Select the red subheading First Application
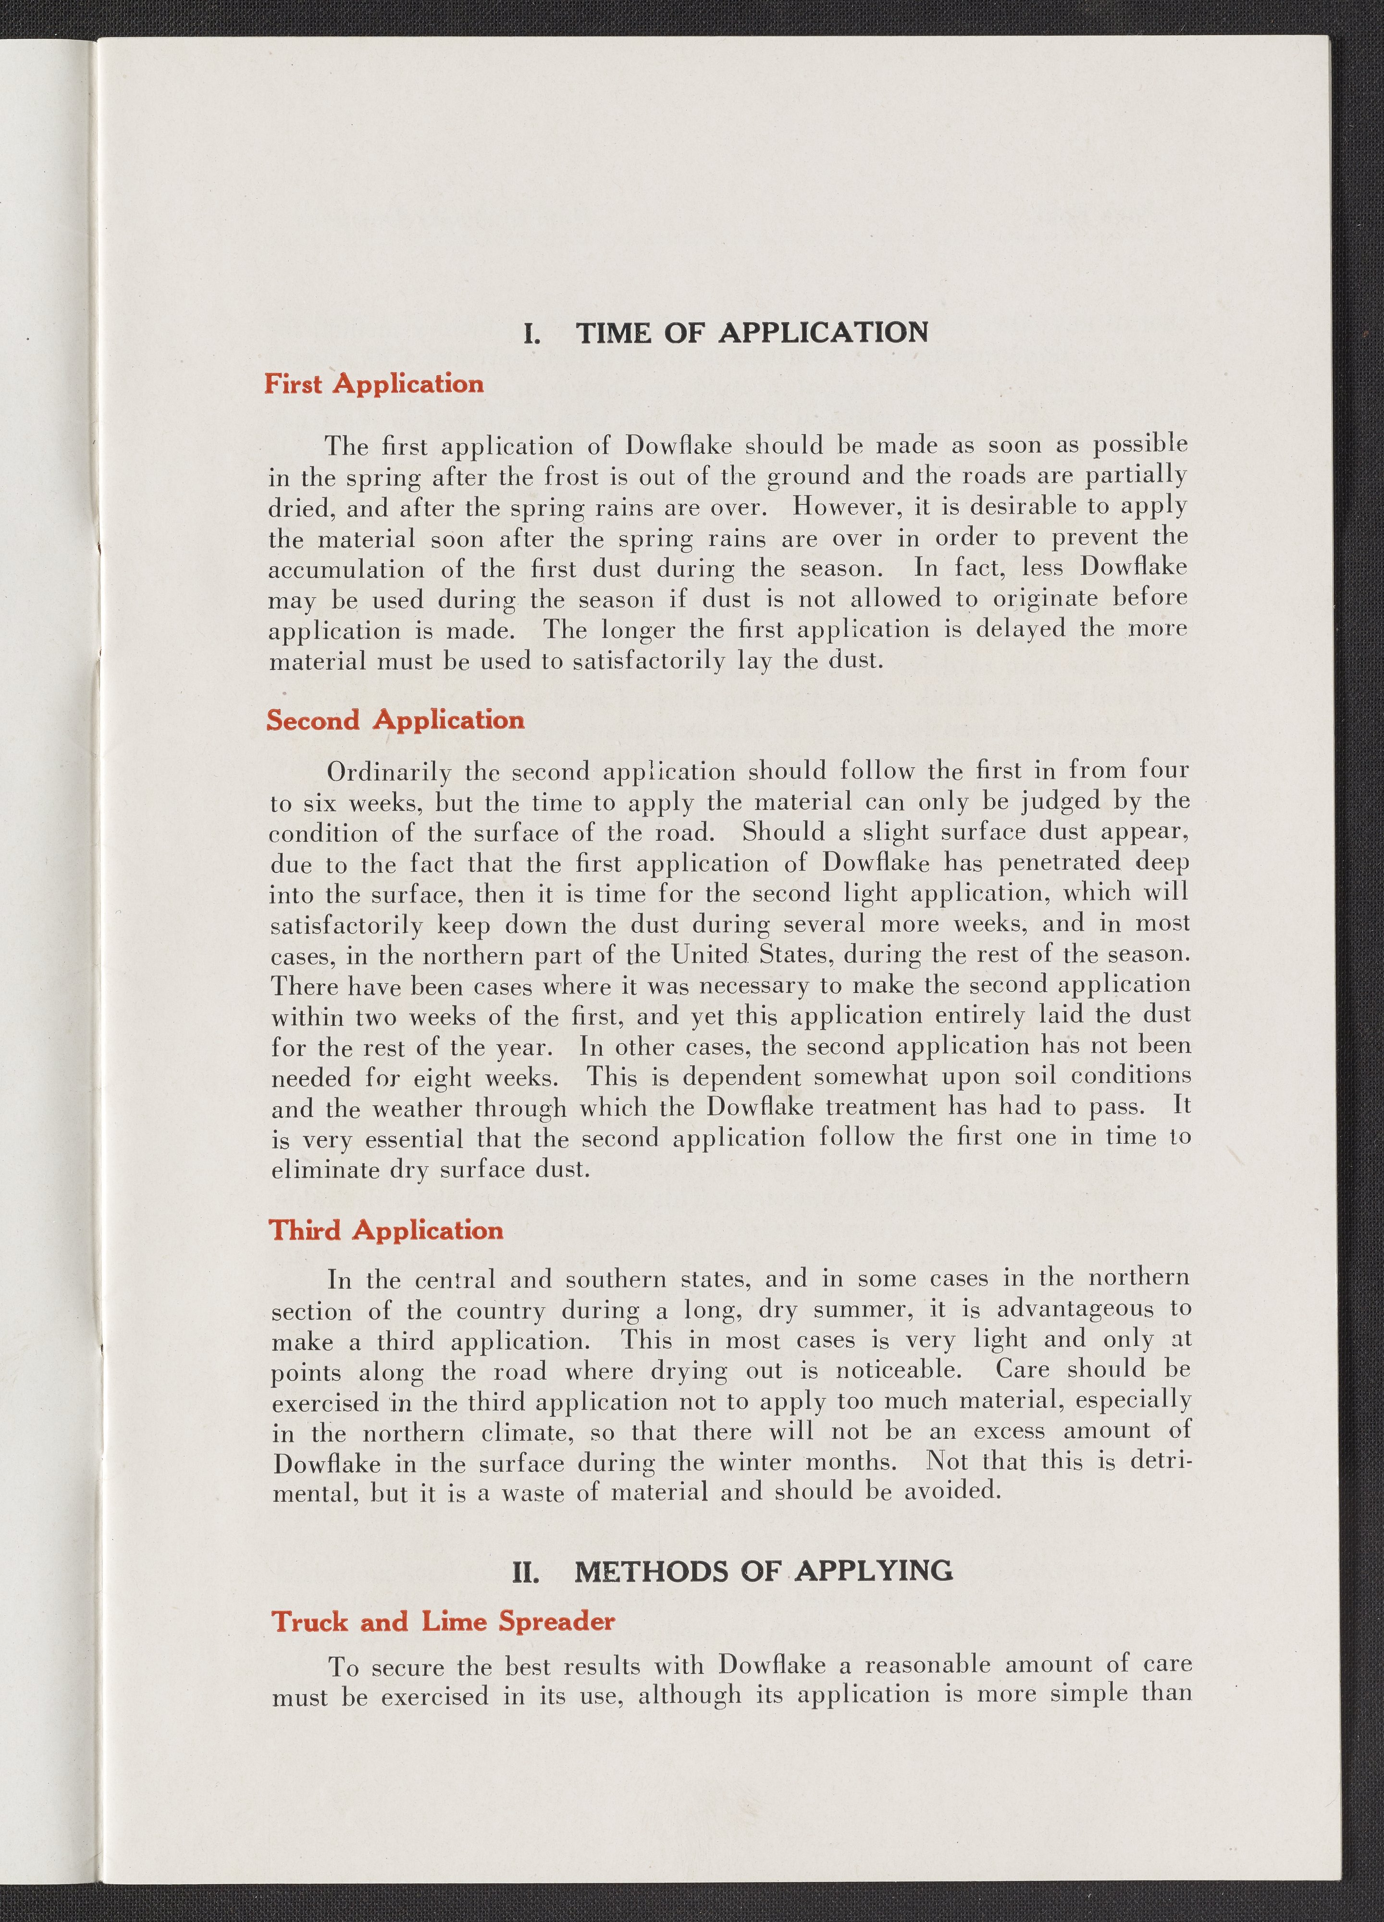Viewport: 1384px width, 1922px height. pos(374,384)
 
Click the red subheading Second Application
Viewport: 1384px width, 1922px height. pos(395,720)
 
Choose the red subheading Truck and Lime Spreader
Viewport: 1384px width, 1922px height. pos(443,1622)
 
